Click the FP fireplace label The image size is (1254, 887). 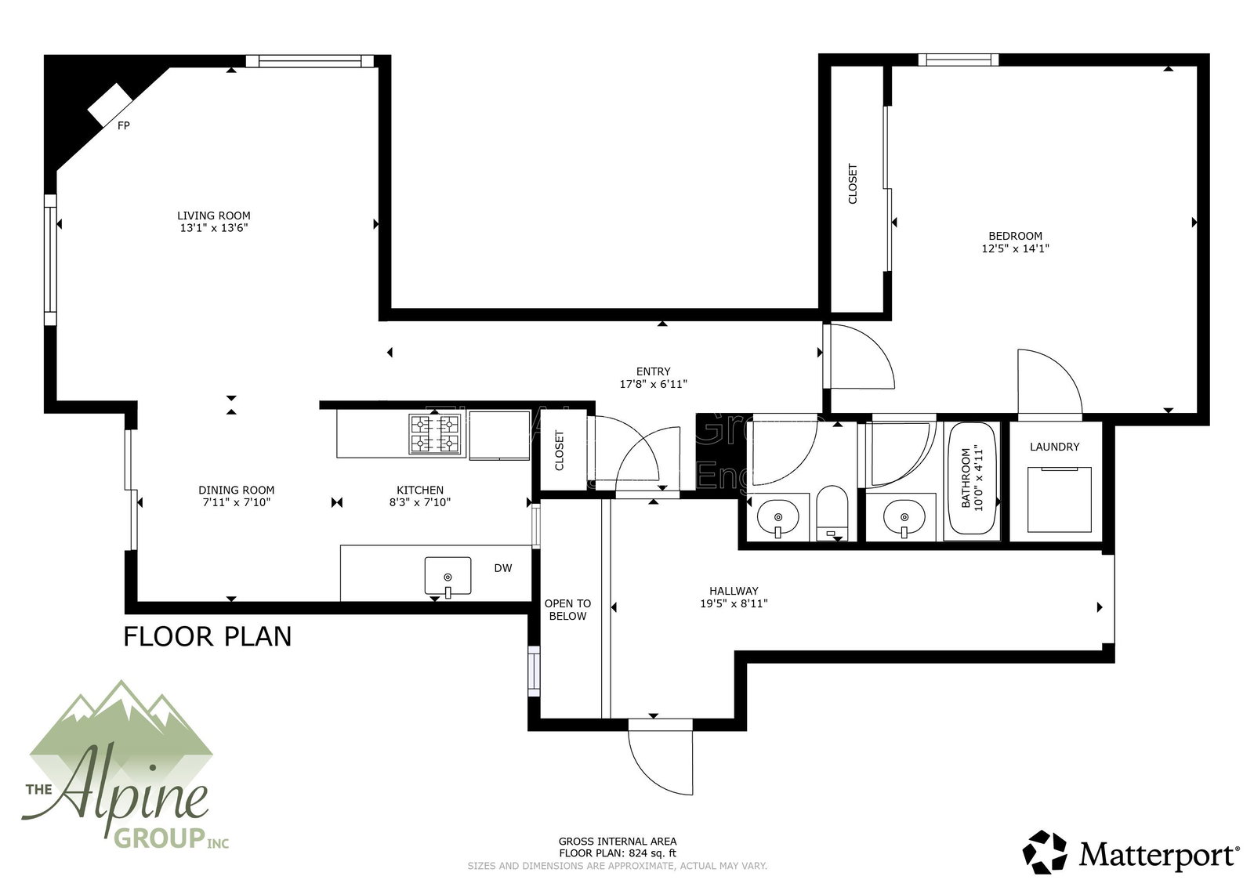tap(123, 125)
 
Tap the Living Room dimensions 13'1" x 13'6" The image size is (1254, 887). tap(214, 229)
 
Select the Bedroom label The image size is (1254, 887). tap(1015, 236)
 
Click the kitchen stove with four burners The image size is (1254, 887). tap(434, 434)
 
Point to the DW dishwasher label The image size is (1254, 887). tap(502, 568)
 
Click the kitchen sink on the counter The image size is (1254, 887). tap(448, 576)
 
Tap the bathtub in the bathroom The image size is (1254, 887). tap(973, 480)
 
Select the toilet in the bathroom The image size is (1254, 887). tap(832, 513)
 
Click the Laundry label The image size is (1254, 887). tap(1054, 447)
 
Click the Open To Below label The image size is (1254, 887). tap(567, 610)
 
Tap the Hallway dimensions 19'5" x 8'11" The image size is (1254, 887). tap(734, 604)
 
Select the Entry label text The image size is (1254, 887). tap(653, 371)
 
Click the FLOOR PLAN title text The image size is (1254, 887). tap(208, 635)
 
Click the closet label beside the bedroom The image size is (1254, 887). tap(853, 183)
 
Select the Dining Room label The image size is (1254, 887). tap(236, 491)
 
